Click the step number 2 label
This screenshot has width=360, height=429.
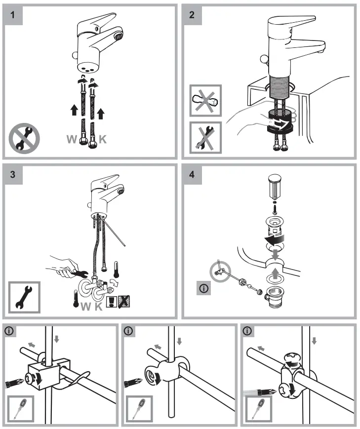click(x=192, y=14)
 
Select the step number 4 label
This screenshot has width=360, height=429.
click(x=192, y=174)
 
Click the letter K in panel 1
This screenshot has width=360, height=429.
click(x=102, y=139)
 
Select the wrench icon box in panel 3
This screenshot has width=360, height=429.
click(x=23, y=299)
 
